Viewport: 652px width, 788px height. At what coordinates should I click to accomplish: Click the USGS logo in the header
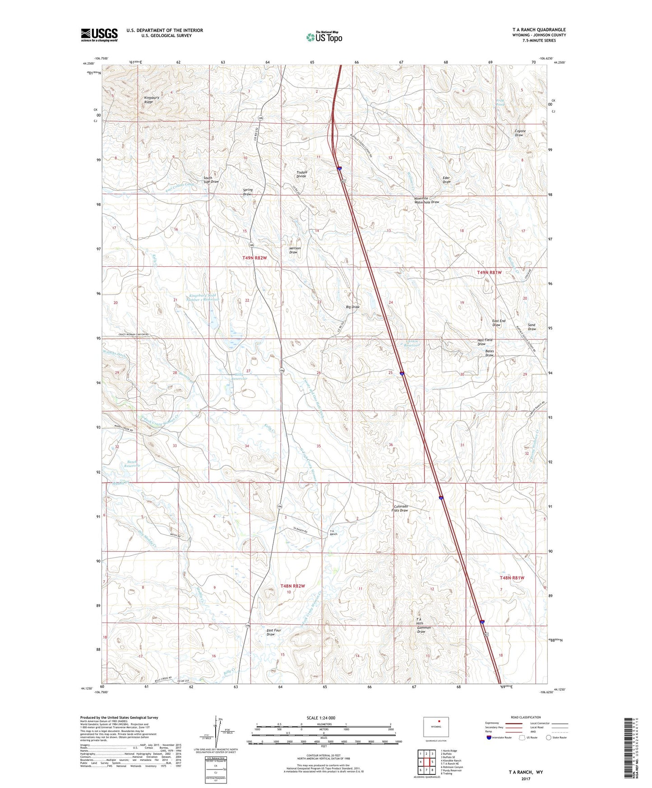pyautogui.click(x=99, y=35)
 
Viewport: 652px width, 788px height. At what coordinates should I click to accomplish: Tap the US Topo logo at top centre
pyautogui.click(x=324, y=37)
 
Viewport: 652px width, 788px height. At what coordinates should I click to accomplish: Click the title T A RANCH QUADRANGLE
pyautogui.click(x=539, y=29)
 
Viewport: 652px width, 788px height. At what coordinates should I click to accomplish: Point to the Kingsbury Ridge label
pyautogui.click(x=152, y=100)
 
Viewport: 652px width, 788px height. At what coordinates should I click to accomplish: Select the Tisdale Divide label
pyautogui.click(x=301, y=174)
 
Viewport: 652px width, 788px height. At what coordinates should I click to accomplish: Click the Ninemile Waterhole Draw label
pyautogui.click(x=426, y=200)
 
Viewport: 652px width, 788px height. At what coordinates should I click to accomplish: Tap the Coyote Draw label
pyautogui.click(x=520, y=133)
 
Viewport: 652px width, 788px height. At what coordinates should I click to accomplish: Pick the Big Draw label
pyautogui.click(x=352, y=307)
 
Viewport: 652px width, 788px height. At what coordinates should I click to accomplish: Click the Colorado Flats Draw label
pyautogui.click(x=401, y=508)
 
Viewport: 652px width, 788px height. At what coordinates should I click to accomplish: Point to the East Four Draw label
pyautogui.click(x=273, y=632)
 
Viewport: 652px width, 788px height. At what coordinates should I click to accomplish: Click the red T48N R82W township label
pyautogui.click(x=292, y=586)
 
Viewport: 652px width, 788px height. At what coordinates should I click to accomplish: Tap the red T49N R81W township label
pyautogui.click(x=490, y=273)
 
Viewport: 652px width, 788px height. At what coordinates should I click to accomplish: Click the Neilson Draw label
pyautogui.click(x=295, y=250)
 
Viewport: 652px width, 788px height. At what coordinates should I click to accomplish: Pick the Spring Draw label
pyautogui.click(x=248, y=192)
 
